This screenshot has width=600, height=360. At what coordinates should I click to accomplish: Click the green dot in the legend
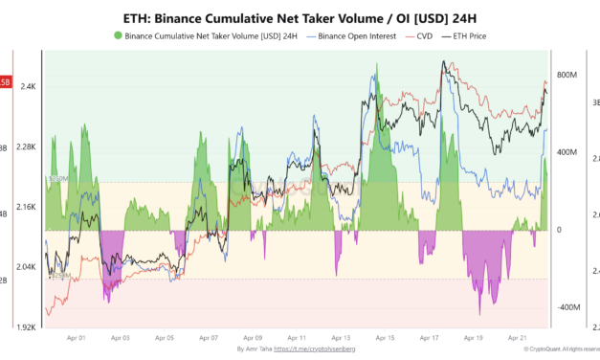118,35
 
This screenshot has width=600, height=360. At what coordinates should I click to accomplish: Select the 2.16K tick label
24,207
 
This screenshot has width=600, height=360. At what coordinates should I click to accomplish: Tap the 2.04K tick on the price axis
24,267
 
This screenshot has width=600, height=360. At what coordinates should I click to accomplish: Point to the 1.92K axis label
24,327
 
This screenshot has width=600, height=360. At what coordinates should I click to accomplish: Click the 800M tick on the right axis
566,75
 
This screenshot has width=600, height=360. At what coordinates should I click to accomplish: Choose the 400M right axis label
566,152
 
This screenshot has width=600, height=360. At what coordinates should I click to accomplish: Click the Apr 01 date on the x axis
77,338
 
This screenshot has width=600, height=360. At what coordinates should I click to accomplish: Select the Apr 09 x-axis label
253,338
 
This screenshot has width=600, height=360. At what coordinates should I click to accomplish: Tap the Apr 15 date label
385,338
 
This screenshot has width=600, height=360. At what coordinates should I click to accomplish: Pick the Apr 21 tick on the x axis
518,338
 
